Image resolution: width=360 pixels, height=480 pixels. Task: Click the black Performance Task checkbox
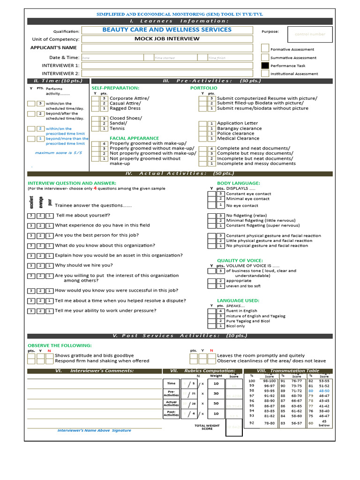pyautogui.click(x=265, y=66)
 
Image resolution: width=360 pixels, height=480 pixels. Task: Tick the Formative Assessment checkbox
pyautogui.click(x=265, y=48)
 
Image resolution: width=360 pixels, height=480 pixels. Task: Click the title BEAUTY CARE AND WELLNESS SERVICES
pyautogui.click(x=167, y=30)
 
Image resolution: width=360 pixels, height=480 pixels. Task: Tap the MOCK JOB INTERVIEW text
pyautogui.click(x=167, y=39)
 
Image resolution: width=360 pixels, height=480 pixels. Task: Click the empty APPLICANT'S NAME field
pyautogui.click(x=167, y=48)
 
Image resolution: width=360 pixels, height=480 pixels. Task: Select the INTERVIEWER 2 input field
pyautogui.click(x=167, y=74)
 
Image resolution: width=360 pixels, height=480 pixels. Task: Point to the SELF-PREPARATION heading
pyautogui.click(x=115, y=88)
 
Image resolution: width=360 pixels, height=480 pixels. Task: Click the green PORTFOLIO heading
pyautogui.click(x=203, y=88)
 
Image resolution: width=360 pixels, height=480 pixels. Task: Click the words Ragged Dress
pyautogui.click(x=125, y=108)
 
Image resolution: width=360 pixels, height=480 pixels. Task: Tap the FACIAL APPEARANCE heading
pyautogui.click(x=134, y=138)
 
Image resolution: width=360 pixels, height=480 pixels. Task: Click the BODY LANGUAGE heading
pyautogui.click(x=238, y=183)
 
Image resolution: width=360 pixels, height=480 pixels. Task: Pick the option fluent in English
pyautogui.click(x=241, y=311)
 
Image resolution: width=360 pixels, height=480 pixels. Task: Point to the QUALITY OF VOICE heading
pyautogui.click(x=239, y=261)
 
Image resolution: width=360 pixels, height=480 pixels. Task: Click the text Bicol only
pyautogui.click(x=235, y=326)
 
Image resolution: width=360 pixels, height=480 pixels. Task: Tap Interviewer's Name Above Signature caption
pyautogui.click(x=94, y=430)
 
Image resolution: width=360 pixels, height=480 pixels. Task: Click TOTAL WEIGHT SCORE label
pyautogui.click(x=207, y=427)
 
